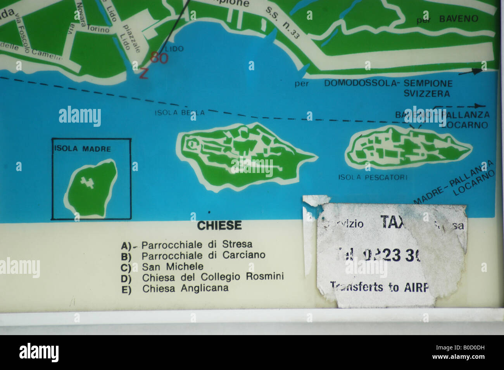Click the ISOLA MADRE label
(x=83, y=149)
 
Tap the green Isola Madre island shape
(x=91, y=190)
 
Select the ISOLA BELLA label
(x=179, y=112)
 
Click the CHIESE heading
(x=219, y=225)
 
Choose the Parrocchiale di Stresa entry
(x=197, y=245)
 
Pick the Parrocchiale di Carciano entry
(x=203, y=256)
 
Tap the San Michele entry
(x=173, y=267)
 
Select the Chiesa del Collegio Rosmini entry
(x=213, y=277)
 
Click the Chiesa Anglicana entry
(x=185, y=289)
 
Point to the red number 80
(x=159, y=58)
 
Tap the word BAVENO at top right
(x=459, y=19)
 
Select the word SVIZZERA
(x=426, y=93)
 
